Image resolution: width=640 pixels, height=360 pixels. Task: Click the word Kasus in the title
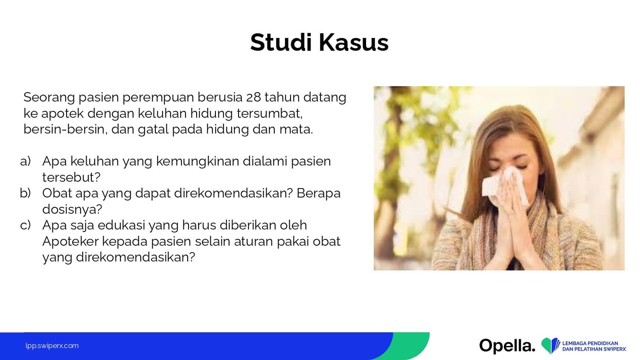pos(354,43)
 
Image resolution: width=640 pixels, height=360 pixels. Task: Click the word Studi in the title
pos(281,43)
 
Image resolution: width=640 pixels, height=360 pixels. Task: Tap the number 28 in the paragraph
pos(253,97)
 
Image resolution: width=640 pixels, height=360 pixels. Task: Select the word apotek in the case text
pos(62,114)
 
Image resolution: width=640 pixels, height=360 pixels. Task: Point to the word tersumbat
pos(269,113)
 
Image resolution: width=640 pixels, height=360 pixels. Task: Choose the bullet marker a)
pos(26,161)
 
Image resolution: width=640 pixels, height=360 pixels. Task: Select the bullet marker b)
pos(26,193)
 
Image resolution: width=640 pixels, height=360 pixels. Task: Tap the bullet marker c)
pos(26,225)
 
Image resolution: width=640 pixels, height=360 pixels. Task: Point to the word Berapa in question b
pos(319,194)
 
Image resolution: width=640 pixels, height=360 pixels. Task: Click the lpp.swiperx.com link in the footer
pos(52,346)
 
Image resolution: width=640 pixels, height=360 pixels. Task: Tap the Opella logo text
pos(507,346)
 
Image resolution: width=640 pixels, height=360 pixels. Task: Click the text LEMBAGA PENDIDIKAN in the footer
pos(590,343)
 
